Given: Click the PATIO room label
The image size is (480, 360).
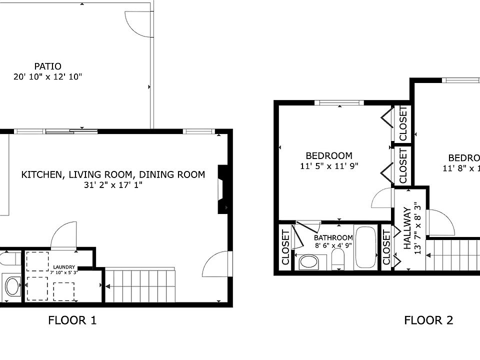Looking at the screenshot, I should click(x=48, y=66).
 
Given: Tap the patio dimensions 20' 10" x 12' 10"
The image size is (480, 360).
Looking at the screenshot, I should click(x=47, y=77).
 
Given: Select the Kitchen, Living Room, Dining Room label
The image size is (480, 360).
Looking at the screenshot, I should click(x=113, y=174).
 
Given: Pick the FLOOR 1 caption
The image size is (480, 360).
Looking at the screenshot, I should click(x=72, y=320).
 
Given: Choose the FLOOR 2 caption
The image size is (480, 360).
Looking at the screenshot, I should click(x=428, y=320).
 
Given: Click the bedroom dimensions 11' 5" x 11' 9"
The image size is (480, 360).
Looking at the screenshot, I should click(x=329, y=166).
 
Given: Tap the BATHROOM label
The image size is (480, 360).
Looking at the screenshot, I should click(x=333, y=238).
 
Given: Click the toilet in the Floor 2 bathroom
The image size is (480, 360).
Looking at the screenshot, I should click(x=338, y=258).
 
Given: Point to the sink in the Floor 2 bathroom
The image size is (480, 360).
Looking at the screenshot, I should click(x=309, y=262).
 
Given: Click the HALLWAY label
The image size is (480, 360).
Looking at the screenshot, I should click(x=406, y=228).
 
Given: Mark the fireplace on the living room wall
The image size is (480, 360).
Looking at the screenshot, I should click(x=222, y=190).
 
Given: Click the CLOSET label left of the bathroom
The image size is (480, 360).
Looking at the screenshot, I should click(x=285, y=247).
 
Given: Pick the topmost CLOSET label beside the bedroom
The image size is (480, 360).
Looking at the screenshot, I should click(x=402, y=123).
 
